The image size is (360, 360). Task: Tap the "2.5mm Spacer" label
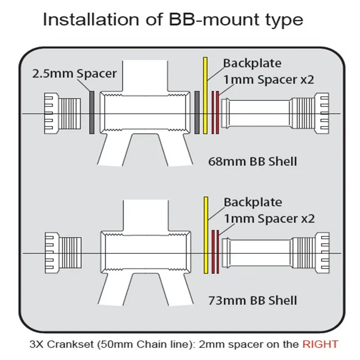tap(74, 73)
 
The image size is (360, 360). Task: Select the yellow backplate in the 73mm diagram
tap(206, 234)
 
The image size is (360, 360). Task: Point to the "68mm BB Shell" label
tap(253, 161)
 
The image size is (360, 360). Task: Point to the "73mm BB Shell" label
tap(253, 300)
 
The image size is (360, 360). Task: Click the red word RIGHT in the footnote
tap(319, 344)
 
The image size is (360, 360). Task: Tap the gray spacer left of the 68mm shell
tap(92, 112)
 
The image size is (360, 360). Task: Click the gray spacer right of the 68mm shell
tap(197, 112)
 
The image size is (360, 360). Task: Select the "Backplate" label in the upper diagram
tap(252, 63)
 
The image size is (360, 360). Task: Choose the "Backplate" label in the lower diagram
tap(252, 202)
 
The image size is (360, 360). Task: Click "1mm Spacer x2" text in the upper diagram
tap(269, 80)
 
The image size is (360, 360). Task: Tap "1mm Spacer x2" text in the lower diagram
tap(269, 219)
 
